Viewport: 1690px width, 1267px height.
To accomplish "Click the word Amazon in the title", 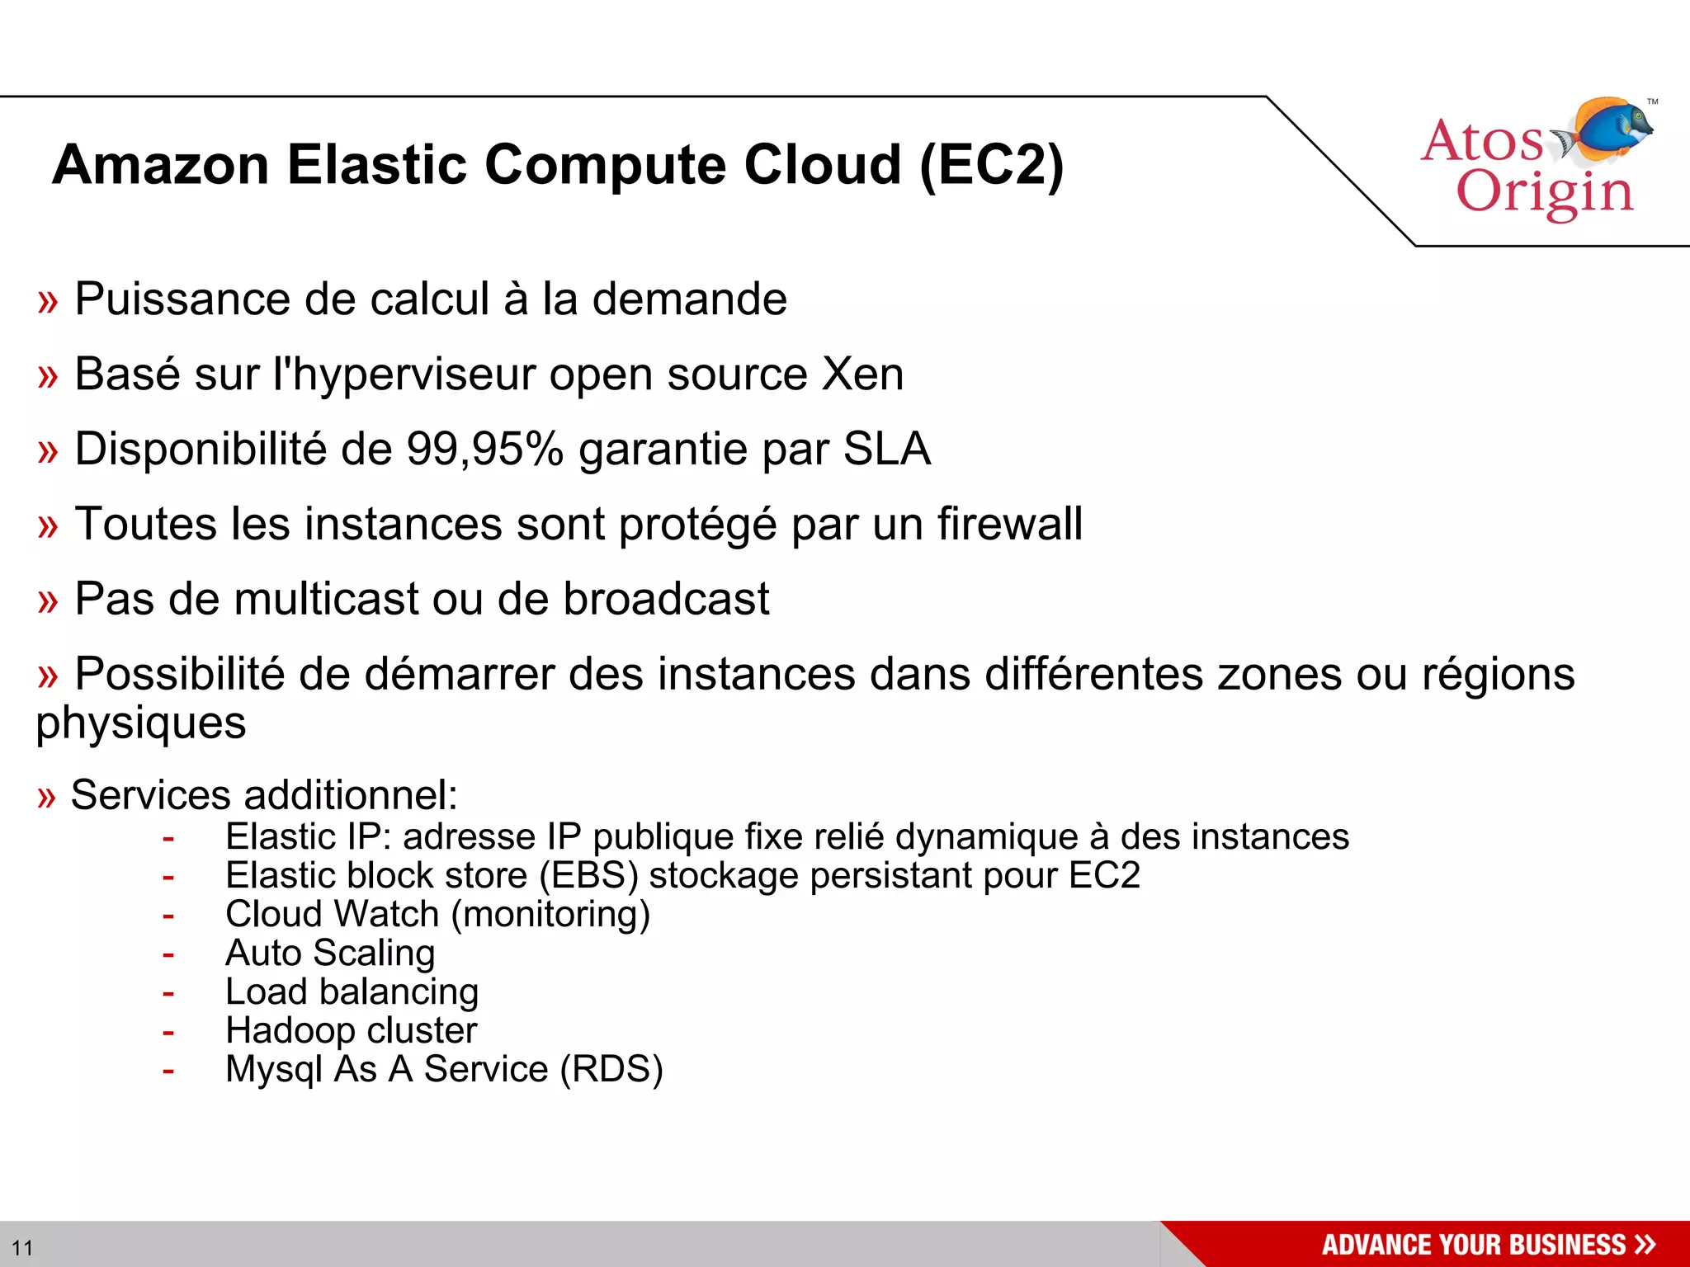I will click(x=161, y=165).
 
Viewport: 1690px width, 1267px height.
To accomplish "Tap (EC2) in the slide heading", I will click(x=991, y=165).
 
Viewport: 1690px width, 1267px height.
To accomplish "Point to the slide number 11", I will click(x=22, y=1247).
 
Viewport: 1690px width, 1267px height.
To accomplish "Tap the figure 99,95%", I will click(x=484, y=449).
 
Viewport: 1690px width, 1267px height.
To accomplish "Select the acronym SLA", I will click(x=886, y=449).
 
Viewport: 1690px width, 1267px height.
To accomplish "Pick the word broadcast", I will click(x=666, y=599).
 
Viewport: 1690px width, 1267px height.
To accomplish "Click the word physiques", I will click(x=141, y=723).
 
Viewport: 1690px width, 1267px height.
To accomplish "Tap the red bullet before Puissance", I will click(x=48, y=302).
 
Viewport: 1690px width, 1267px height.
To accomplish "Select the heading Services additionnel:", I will click(x=263, y=795).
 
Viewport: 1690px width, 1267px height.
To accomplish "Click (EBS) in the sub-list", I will click(x=588, y=875).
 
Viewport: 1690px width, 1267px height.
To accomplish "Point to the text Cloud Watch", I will click(x=332, y=914).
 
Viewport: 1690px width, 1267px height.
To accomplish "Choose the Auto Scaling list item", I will click(x=330, y=954).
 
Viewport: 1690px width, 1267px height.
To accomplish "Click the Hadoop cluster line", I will click(x=352, y=1030).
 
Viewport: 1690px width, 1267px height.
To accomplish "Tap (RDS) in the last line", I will click(x=611, y=1069).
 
